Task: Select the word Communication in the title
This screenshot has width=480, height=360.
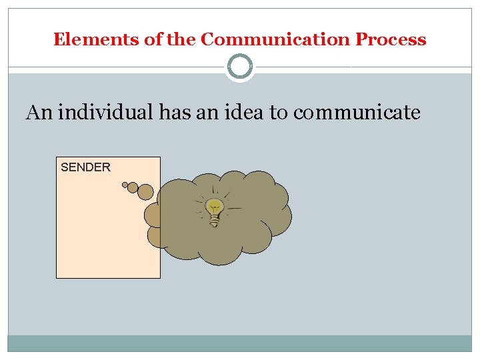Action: click(275, 40)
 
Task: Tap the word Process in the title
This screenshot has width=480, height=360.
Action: click(391, 40)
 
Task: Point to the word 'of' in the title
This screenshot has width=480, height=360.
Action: click(153, 40)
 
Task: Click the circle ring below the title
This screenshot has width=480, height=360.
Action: click(240, 67)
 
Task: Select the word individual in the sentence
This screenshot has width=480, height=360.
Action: click(107, 113)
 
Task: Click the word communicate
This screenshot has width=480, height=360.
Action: click(357, 113)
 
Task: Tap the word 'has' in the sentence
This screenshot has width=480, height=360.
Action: click(173, 113)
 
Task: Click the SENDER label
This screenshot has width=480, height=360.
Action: click(85, 167)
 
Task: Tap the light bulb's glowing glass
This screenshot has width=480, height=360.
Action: click(214, 206)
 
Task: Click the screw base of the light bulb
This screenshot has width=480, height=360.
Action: click(214, 220)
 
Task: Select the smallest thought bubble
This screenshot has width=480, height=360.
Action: click(125, 185)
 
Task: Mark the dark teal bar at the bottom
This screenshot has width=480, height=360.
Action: click(240, 343)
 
